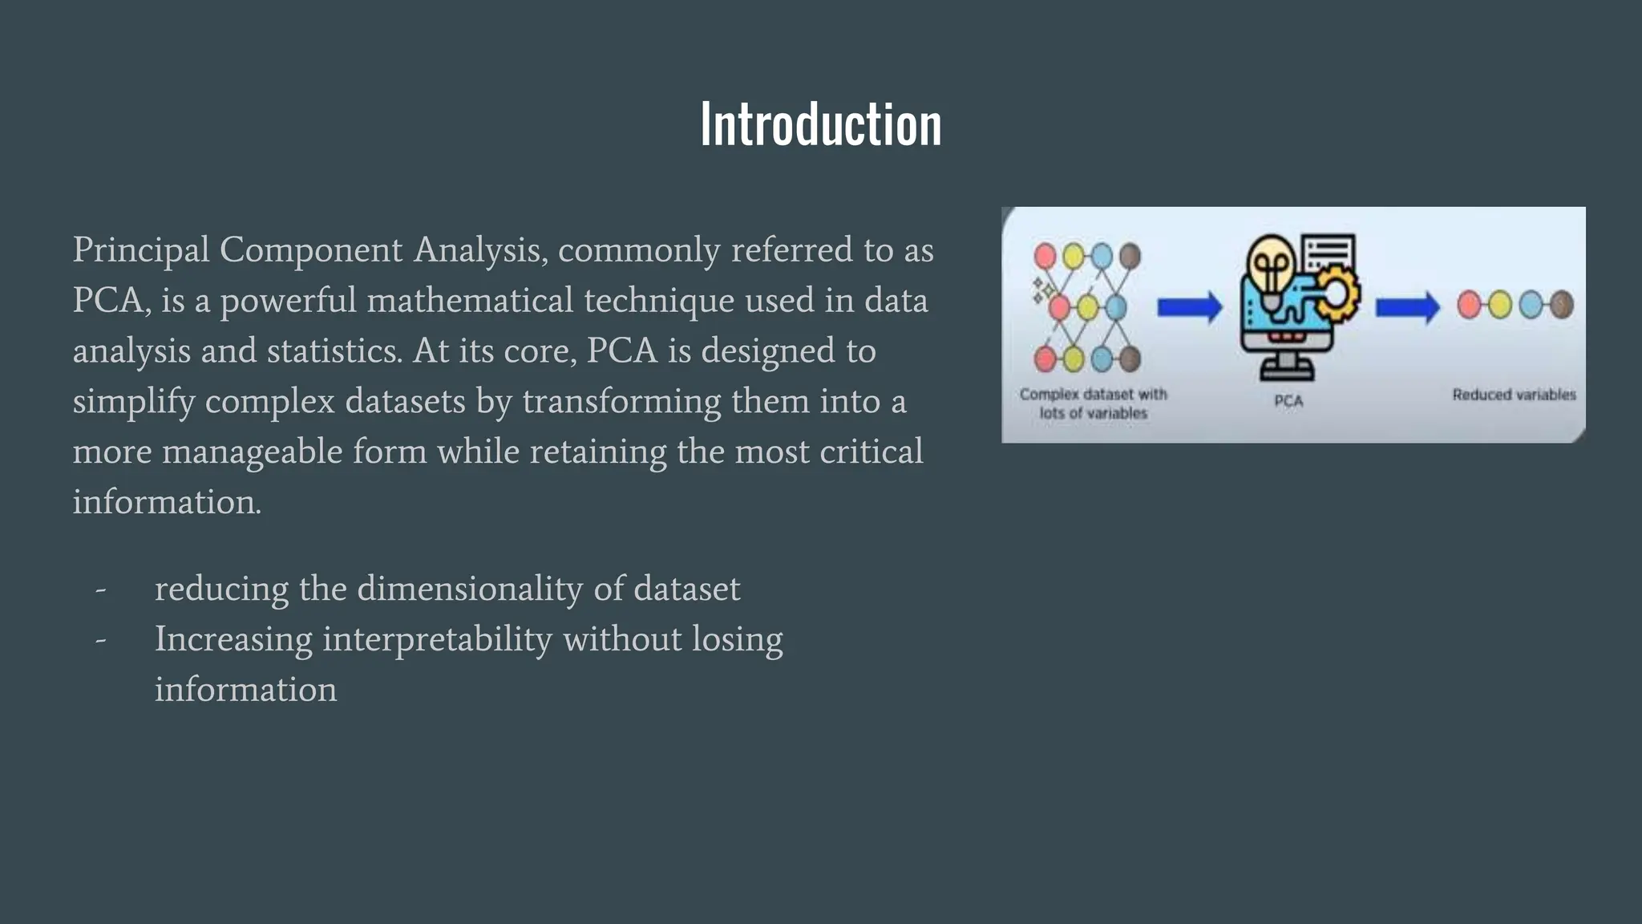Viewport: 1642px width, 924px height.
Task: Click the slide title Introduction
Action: click(821, 124)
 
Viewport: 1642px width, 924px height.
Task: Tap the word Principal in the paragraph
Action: click(141, 250)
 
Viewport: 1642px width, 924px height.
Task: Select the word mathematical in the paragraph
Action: click(470, 301)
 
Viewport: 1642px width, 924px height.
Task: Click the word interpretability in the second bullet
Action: click(437, 640)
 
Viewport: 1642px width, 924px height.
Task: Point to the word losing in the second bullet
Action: click(737, 640)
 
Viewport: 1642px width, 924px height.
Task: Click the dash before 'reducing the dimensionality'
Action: click(101, 590)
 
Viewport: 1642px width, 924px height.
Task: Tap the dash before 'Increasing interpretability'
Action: click(101, 640)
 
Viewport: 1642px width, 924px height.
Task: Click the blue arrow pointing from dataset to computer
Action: click(1189, 306)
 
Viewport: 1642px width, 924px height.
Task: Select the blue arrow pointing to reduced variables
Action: click(1407, 306)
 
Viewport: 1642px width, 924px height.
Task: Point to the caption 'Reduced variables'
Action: click(1514, 395)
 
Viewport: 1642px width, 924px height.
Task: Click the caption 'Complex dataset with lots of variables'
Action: click(1093, 403)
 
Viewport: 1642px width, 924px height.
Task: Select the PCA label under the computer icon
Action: click(1288, 401)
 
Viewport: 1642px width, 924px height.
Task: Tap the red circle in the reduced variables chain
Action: click(1469, 305)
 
